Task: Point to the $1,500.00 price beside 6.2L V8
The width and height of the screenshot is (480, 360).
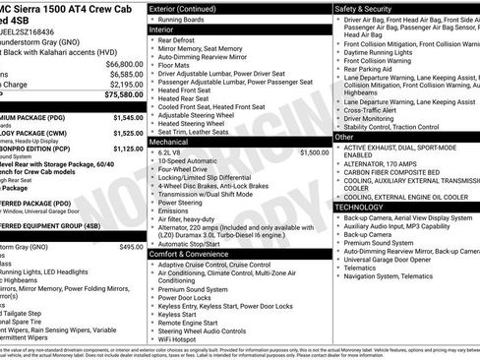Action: pyautogui.click(x=314, y=153)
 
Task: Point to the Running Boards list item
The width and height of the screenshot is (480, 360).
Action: pyautogui.click(x=179, y=19)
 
